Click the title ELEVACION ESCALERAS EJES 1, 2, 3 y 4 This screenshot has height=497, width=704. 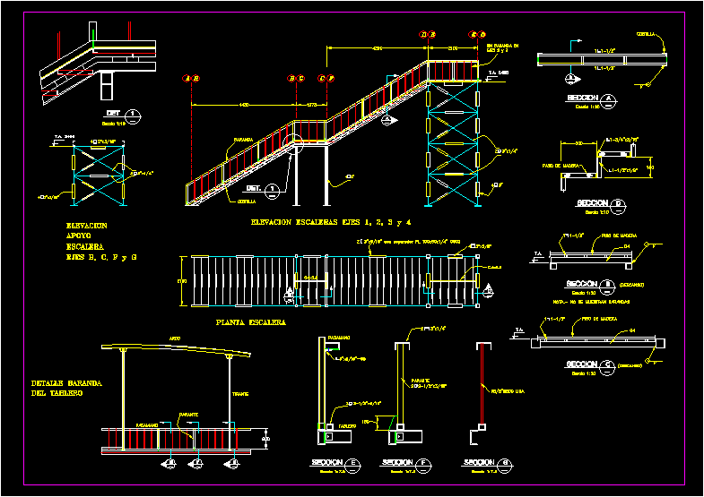pyautogui.click(x=331, y=221)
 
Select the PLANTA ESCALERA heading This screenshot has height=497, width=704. pyautogui.click(x=251, y=321)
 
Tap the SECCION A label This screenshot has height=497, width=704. pyautogui.click(x=587, y=98)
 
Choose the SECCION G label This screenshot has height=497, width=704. pyautogui.click(x=482, y=462)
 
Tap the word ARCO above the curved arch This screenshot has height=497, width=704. pyautogui.click(x=174, y=338)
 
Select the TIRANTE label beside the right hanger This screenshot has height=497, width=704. pyautogui.click(x=241, y=392)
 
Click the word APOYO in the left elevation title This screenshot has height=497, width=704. pyautogui.click(x=79, y=236)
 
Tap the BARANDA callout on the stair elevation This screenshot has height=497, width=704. pyautogui.click(x=243, y=140)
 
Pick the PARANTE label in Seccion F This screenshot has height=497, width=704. pyautogui.click(x=421, y=379)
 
